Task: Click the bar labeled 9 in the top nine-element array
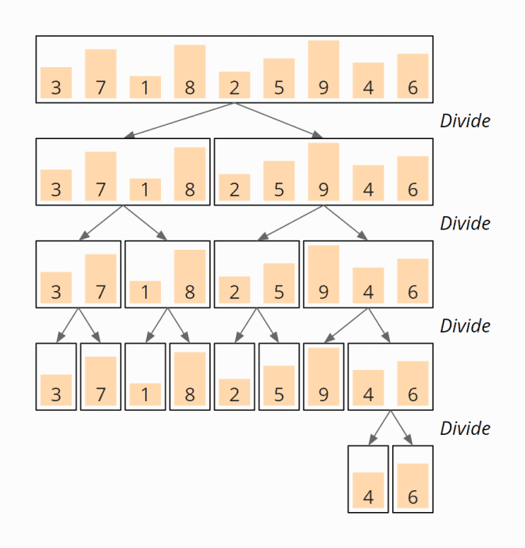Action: pyautogui.click(x=323, y=69)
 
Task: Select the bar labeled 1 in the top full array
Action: pyautogui.click(x=145, y=87)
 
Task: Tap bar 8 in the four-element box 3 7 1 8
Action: pyautogui.click(x=190, y=173)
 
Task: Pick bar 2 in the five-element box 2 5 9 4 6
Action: pyautogui.click(x=234, y=187)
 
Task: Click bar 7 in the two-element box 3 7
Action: pyautogui.click(x=101, y=279)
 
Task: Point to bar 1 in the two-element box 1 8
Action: pyautogui.click(x=145, y=292)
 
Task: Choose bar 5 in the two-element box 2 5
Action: pyautogui.click(x=279, y=283)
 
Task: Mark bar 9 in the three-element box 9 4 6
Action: pyautogui.click(x=323, y=274)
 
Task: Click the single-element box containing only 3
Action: pyautogui.click(x=56, y=376)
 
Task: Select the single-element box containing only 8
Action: pyautogui.click(x=190, y=376)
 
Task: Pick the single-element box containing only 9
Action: pyautogui.click(x=323, y=376)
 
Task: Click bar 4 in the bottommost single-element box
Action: pyautogui.click(x=368, y=490)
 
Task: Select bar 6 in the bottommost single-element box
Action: pyautogui.click(x=412, y=486)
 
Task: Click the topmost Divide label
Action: pyautogui.click(x=465, y=121)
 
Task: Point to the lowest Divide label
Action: pyautogui.click(x=465, y=428)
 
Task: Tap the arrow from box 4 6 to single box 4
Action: pyautogui.click(x=380, y=428)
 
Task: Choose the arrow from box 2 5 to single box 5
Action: pyautogui.click(x=269, y=325)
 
